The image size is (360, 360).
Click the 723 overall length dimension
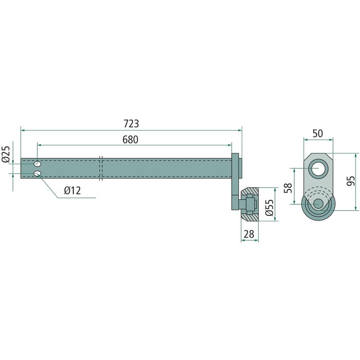point(131,124)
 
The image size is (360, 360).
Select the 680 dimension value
point(130,139)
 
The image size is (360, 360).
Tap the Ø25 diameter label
point(6,154)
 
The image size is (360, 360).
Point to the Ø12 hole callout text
point(72,190)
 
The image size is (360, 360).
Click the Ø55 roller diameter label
point(269,207)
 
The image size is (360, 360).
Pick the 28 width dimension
point(249,234)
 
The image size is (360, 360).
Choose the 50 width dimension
point(318,133)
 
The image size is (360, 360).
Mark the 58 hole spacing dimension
point(288,188)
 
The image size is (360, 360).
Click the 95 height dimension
point(351,181)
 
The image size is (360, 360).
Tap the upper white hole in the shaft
point(37,164)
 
